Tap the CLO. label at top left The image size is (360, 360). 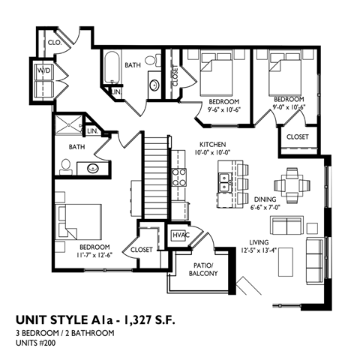tap(54, 43)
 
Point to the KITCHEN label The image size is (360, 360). tap(213, 144)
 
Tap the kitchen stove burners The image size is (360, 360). tap(179, 178)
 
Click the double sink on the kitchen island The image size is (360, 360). tap(224, 179)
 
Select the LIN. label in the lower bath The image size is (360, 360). tap(93, 131)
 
